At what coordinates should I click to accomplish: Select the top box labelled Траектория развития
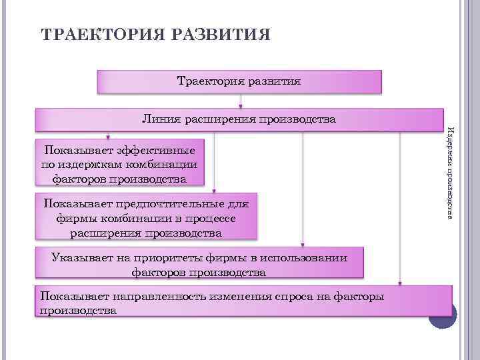pos(239,82)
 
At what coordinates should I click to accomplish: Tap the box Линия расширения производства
pos(239,120)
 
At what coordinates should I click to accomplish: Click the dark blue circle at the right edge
pos(442,315)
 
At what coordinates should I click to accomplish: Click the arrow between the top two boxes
pos(240,101)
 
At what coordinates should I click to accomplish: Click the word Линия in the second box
pos(159,120)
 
